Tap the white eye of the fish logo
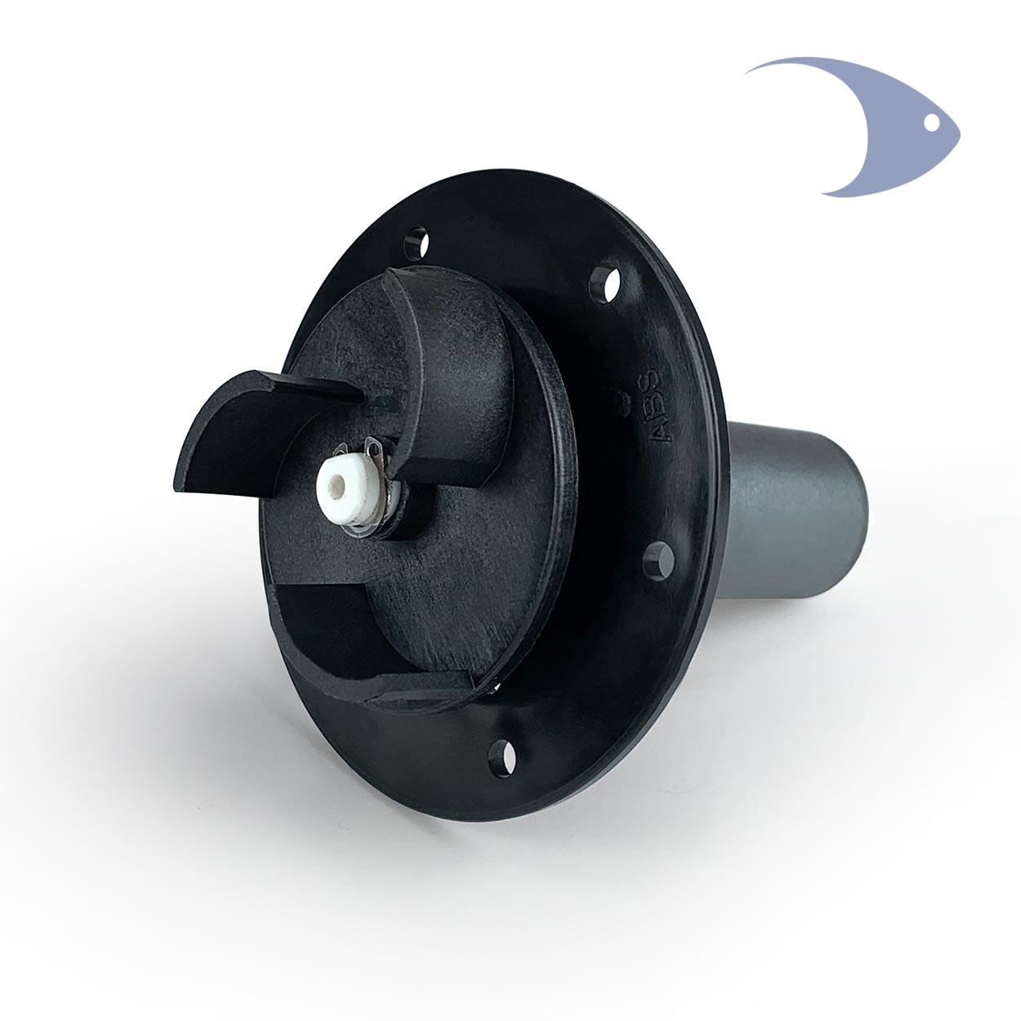[931, 123]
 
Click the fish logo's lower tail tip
[823, 194]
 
